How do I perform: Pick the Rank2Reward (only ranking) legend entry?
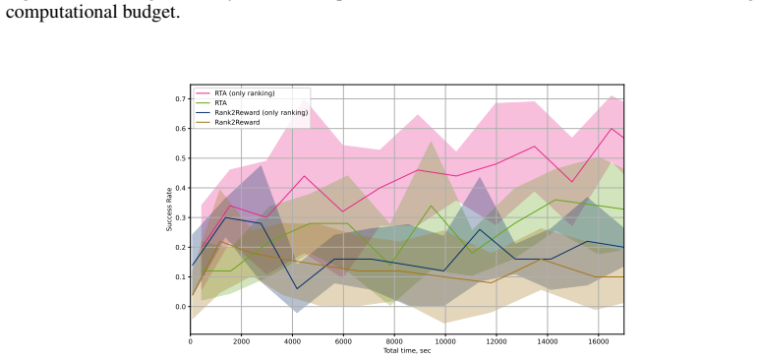click(252, 113)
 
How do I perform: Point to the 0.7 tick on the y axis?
click(181, 98)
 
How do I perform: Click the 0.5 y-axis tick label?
click(181, 158)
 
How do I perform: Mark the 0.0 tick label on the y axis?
click(181, 307)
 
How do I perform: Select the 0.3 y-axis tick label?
click(181, 217)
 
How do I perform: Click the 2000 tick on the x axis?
click(241, 341)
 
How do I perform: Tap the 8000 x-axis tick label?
click(394, 341)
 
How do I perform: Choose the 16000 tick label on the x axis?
click(599, 341)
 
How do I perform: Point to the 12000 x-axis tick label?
click(496, 341)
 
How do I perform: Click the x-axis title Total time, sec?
click(407, 351)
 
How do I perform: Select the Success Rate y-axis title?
click(169, 210)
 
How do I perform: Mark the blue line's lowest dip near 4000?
click(297, 289)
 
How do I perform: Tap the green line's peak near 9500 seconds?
click(432, 206)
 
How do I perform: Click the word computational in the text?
click(59, 12)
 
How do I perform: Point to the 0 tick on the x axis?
click(190, 341)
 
